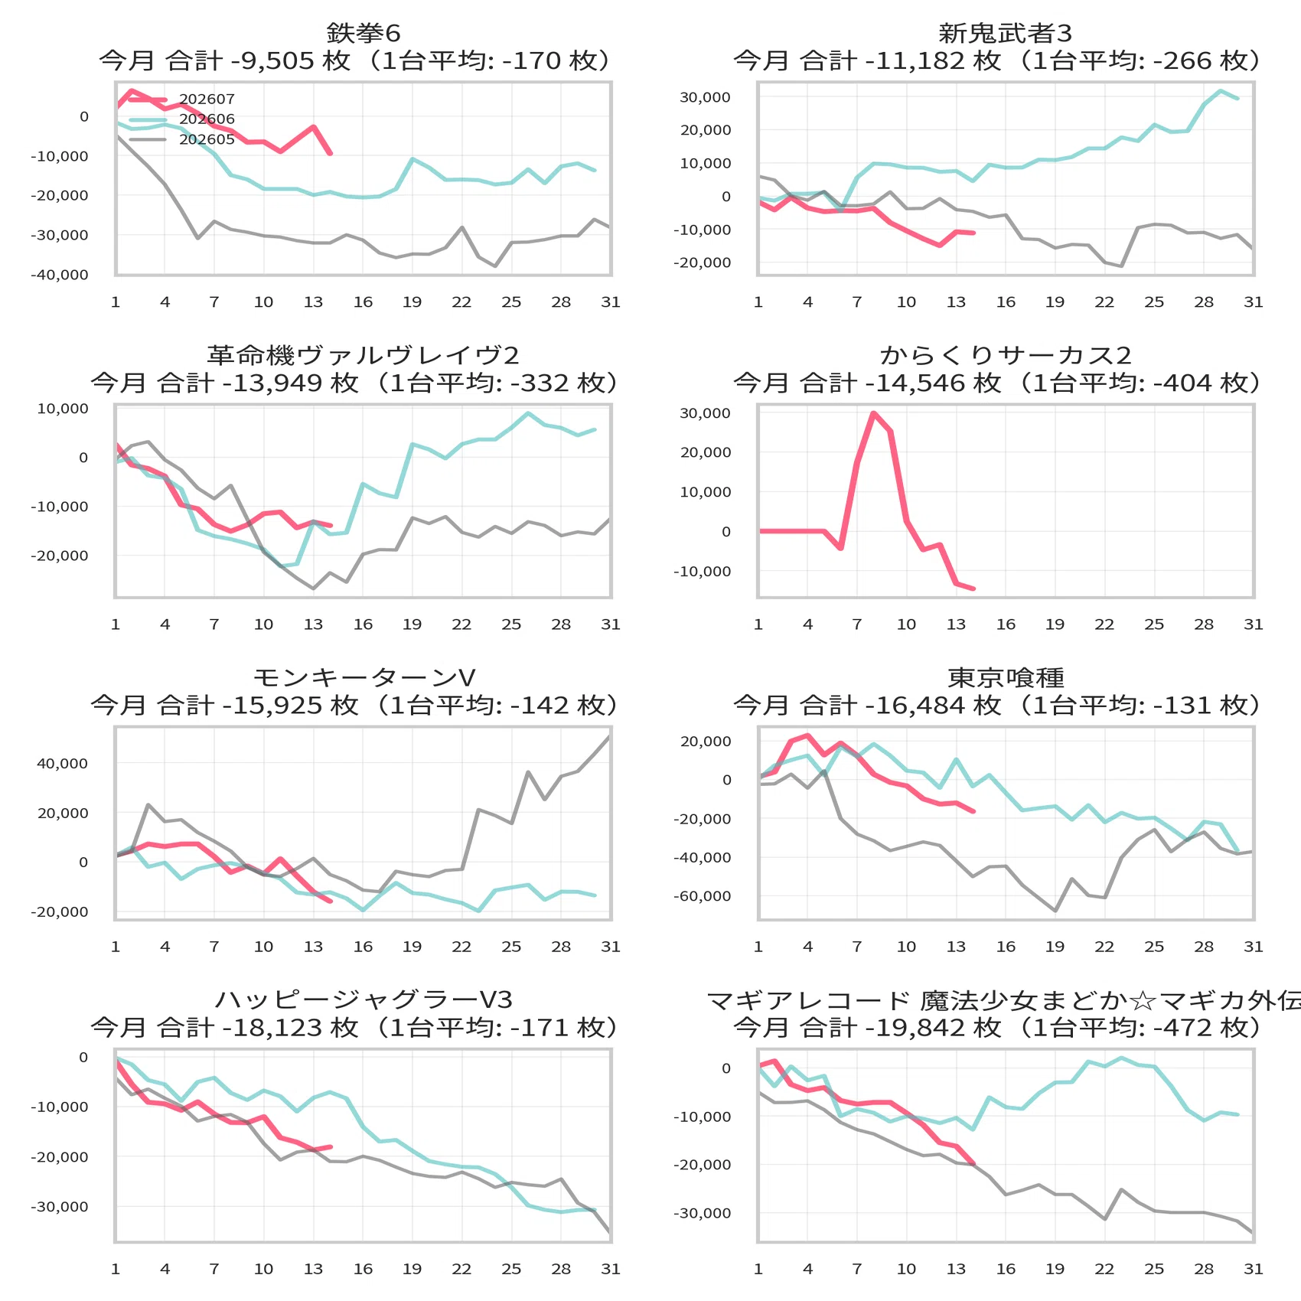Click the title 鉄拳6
364,33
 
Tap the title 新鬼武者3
1006,33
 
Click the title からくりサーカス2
1006,355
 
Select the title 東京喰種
1006,677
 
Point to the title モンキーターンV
364,677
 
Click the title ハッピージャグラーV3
364,999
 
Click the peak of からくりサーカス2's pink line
873,413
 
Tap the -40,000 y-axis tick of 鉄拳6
60,275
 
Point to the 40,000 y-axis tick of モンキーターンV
63,763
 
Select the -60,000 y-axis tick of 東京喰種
703,896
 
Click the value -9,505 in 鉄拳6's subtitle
272,60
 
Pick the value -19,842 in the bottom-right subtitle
915,1027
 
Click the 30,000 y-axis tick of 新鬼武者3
706,97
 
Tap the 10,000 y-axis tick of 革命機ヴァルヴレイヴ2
63,409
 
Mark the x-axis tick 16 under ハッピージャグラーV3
363,1269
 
